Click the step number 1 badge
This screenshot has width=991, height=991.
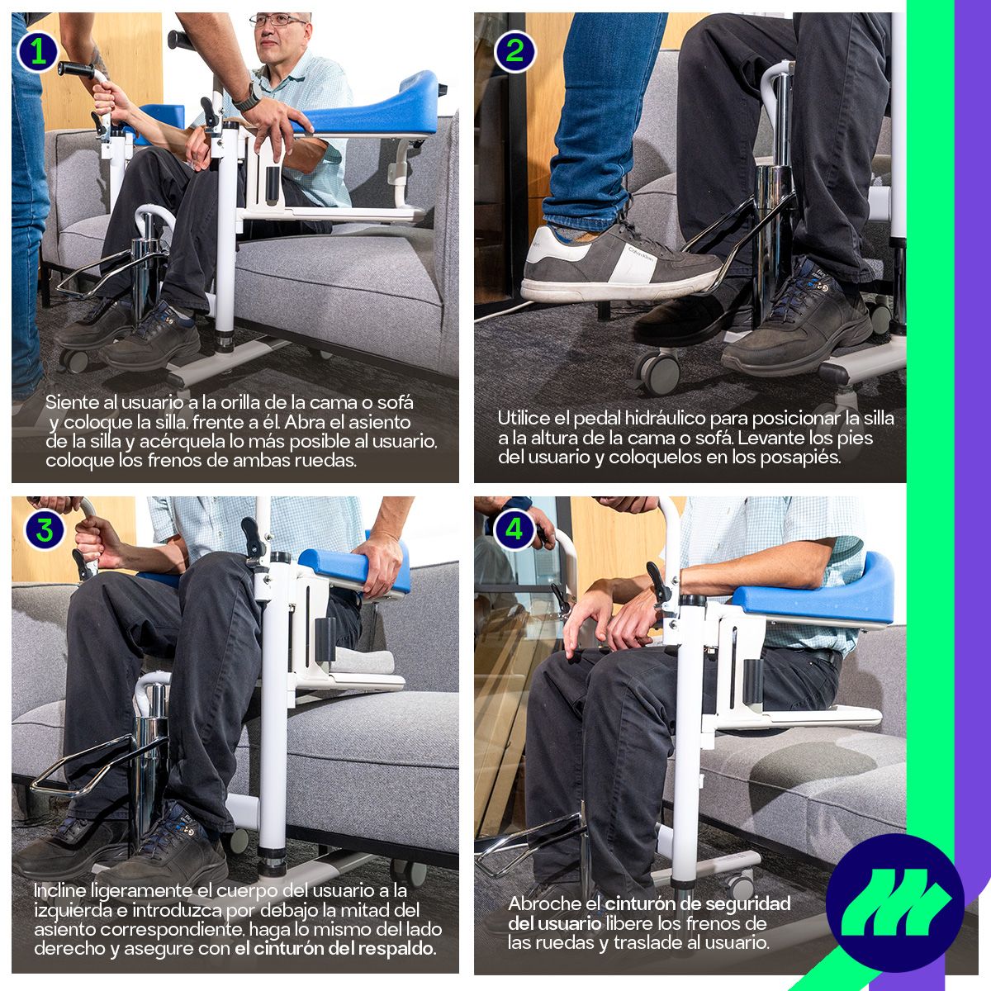[x=37, y=52]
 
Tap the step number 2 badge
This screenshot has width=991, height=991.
[x=514, y=52]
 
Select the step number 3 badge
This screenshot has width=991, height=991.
[x=45, y=530]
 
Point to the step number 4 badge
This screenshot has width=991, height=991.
[x=514, y=529]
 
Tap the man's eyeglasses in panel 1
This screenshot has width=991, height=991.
[x=277, y=21]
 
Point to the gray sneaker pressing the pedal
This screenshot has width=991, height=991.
[x=619, y=263]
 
